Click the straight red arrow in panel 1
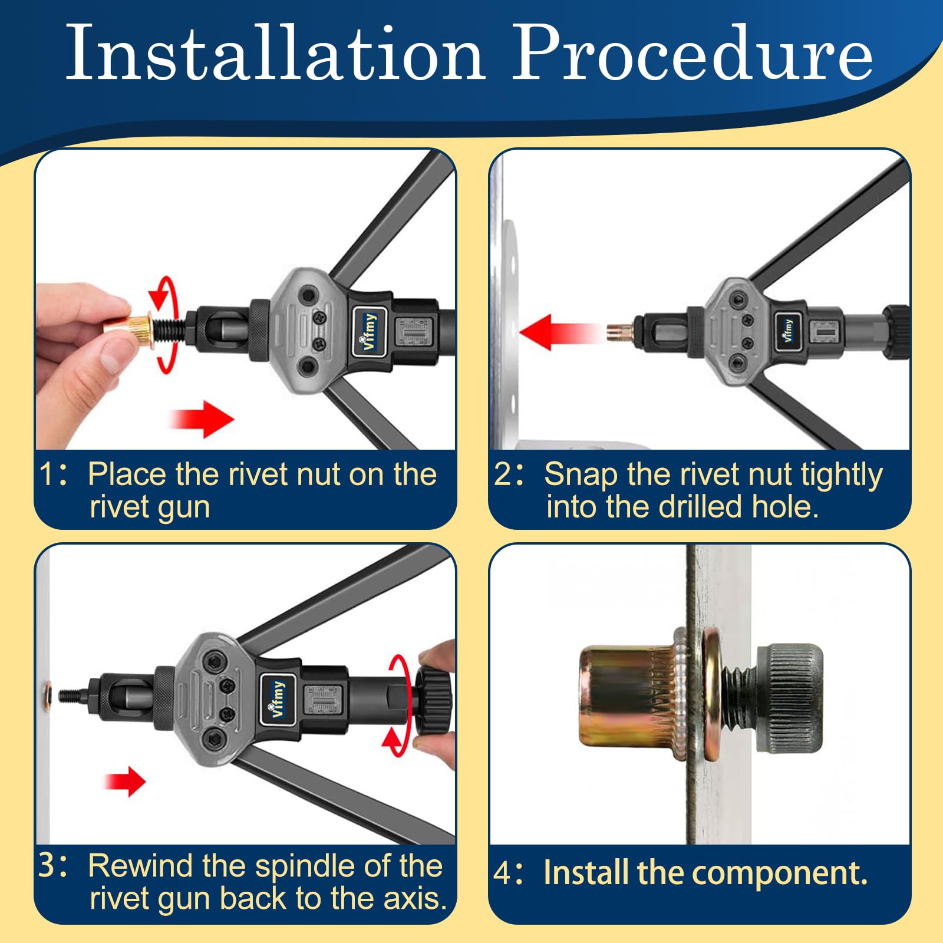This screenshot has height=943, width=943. point(202,419)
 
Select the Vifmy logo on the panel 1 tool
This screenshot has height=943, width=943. point(370,331)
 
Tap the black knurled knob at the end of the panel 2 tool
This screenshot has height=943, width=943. point(896,332)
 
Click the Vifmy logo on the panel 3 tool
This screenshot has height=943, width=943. point(277,699)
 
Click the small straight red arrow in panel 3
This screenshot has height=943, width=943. point(124,782)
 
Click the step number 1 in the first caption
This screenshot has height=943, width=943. point(47,474)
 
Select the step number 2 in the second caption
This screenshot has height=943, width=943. point(503,474)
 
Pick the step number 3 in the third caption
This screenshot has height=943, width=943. point(47,866)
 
